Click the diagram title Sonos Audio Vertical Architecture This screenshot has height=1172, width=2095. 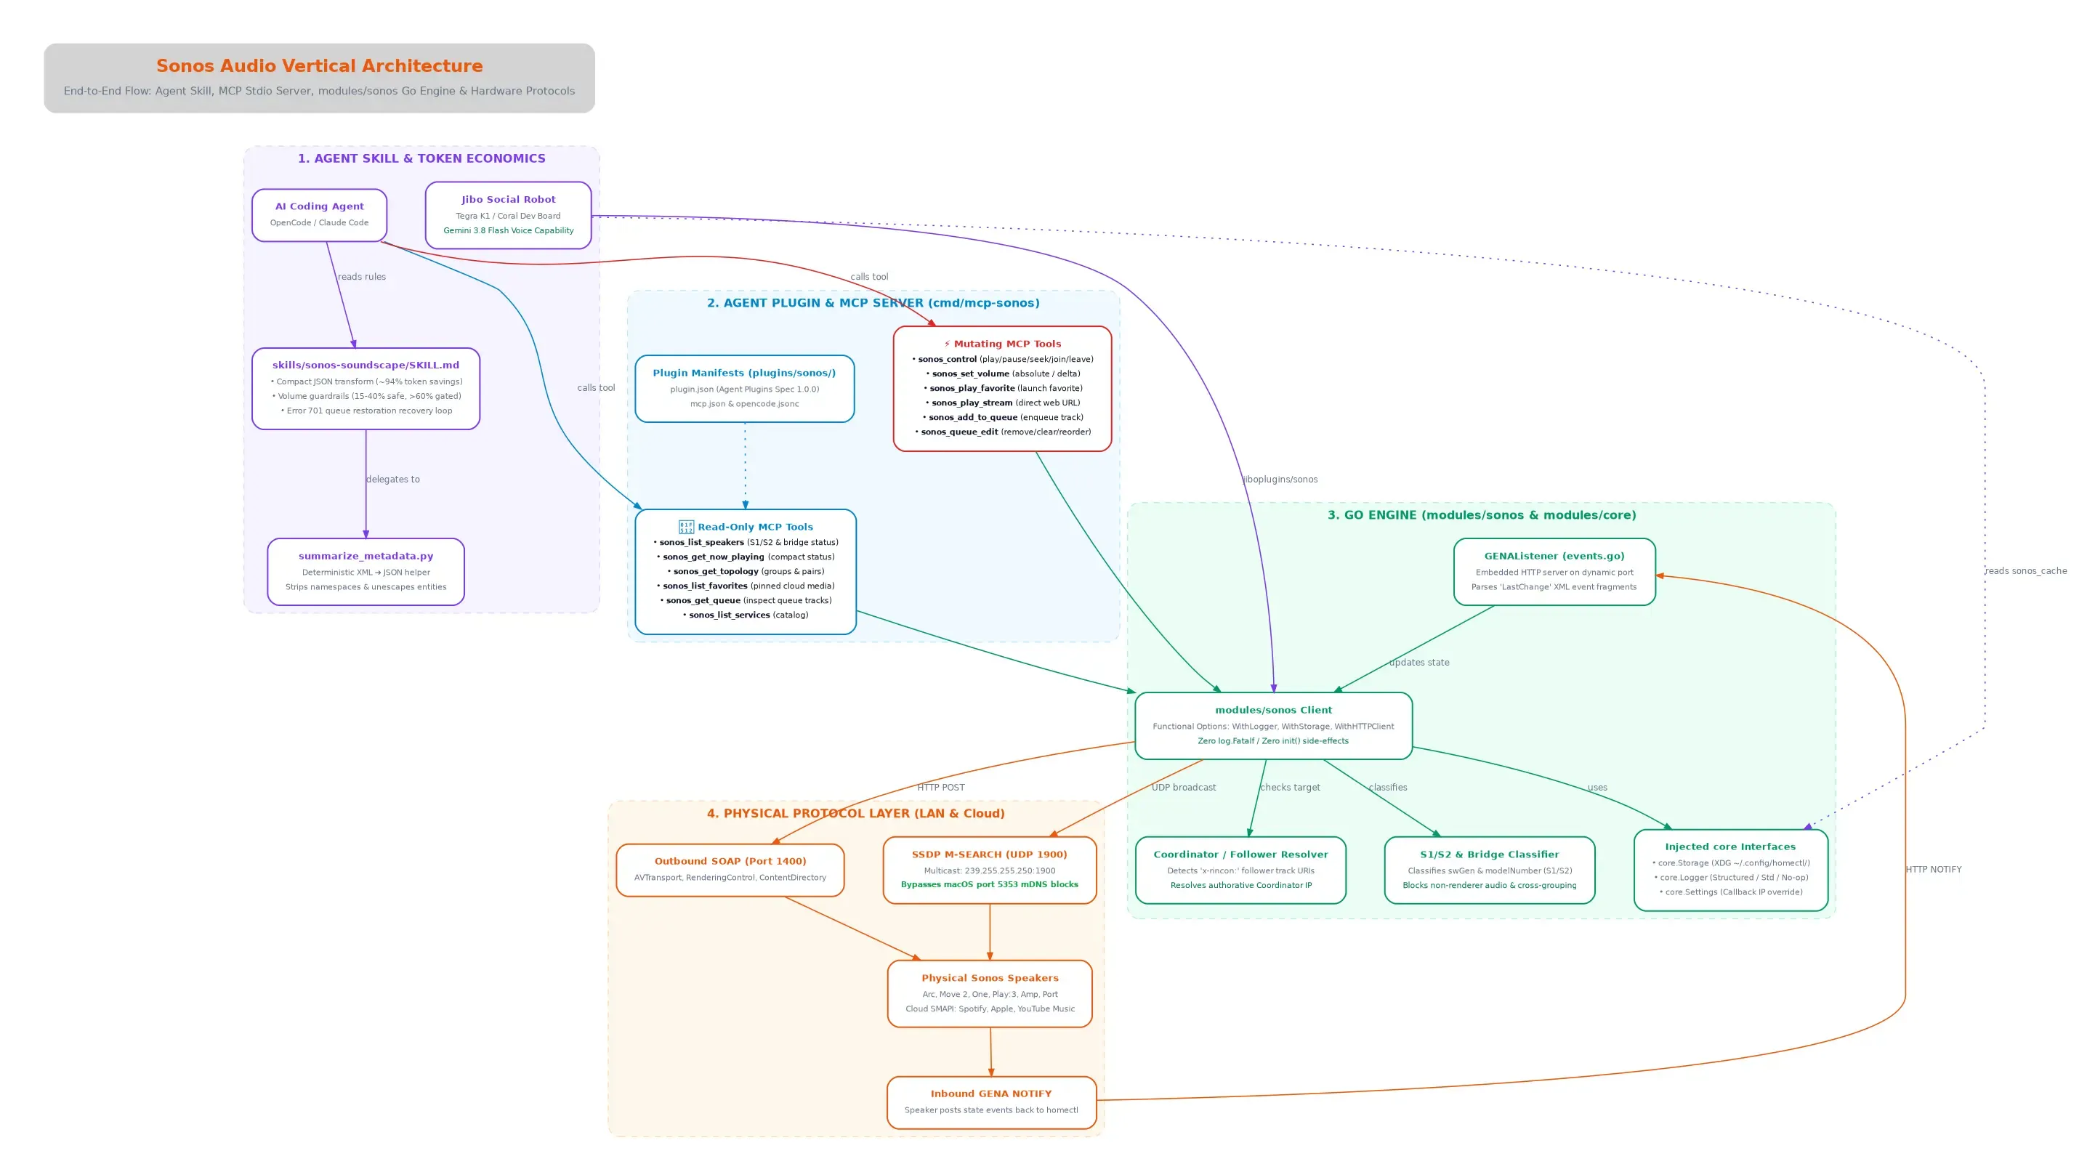pos(319,66)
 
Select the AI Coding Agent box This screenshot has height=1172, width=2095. pos(319,215)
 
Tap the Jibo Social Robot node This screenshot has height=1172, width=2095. pos(508,215)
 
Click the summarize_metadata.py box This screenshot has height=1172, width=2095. pos(366,571)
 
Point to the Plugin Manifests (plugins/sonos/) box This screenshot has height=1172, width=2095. pos(744,388)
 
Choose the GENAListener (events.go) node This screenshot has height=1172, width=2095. pos(1554,571)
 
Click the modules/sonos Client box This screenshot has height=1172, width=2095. pos(1273,725)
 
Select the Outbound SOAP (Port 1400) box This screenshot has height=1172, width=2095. pos(730,870)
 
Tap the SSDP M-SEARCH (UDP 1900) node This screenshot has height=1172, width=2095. pos(989,870)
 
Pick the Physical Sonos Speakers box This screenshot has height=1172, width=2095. pos(990,993)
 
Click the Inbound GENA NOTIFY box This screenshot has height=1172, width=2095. pos(991,1102)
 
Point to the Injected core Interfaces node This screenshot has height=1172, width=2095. pos(1731,870)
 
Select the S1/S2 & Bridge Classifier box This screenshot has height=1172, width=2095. pos(1489,870)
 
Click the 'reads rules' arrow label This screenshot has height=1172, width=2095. pos(362,277)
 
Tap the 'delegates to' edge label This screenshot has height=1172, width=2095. pos(393,479)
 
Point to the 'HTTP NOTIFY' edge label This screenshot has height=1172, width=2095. pos(1933,870)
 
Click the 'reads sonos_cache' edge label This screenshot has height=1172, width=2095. pos(2025,571)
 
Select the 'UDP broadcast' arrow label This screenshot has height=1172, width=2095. pos(1183,788)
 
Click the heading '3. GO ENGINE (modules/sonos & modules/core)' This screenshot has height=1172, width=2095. pos(1481,515)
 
